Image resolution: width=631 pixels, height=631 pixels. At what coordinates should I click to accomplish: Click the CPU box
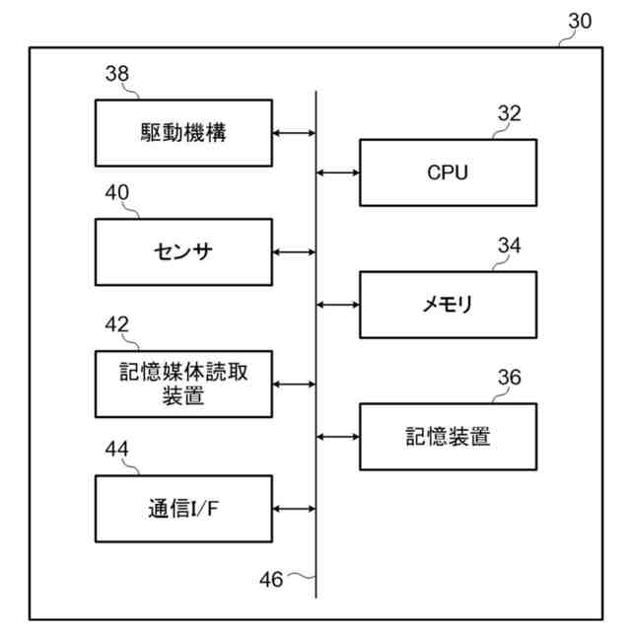click(448, 173)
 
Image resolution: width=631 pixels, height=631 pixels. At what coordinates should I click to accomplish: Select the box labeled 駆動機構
click(184, 132)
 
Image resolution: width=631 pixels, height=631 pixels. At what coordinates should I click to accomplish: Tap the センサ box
click(184, 252)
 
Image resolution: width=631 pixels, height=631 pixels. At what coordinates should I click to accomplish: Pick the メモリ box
click(448, 304)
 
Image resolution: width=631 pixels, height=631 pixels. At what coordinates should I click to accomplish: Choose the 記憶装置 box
click(448, 436)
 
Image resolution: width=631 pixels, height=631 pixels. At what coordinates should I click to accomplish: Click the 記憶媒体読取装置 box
click(184, 384)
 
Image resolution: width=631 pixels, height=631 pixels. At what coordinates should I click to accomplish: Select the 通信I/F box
click(184, 509)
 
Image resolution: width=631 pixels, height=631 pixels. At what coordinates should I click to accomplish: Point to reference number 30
click(581, 22)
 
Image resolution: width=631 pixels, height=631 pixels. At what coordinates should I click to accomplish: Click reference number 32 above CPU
click(509, 113)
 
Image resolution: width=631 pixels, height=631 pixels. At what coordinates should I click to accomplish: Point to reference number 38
click(116, 73)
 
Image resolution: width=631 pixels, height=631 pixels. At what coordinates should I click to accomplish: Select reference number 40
click(116, 194)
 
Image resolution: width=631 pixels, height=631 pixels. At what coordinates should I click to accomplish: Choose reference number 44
click(116, 450)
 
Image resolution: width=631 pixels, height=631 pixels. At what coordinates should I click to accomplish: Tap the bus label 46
click(270, 579)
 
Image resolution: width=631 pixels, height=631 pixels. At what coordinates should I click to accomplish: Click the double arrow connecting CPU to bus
click(338, 173)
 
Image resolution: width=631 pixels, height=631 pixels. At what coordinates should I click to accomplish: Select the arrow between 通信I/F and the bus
click(294, 509)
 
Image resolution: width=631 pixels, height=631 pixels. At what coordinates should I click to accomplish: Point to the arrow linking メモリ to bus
click(338, 304)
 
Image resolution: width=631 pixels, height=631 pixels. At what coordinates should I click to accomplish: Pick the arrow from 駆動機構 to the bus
click(294, 132)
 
